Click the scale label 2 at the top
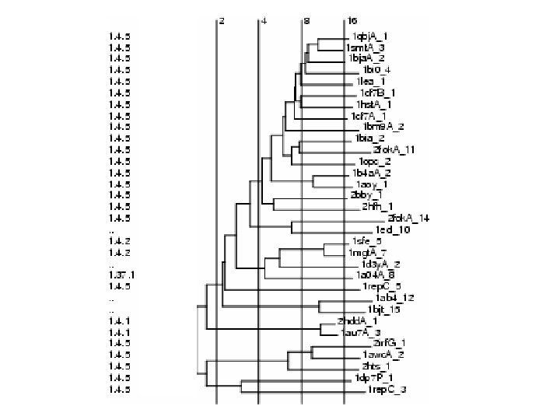click(x=222, y=20)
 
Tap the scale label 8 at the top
click(x=306, y=20)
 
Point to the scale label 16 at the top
click(x=352, y=20)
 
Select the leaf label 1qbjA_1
click(x=369, y=37)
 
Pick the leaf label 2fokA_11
click(x=394, y=149)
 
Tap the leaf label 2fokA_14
click(x=408, y=218)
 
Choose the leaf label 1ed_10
click(x=392, y=229)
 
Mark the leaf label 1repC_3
click(x=387, y=389)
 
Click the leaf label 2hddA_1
click(x=358, y=320)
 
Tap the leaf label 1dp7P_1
click(x=369, y=378)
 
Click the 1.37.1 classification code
click(x=121, y=275)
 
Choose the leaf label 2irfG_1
click(x=389, y=343)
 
